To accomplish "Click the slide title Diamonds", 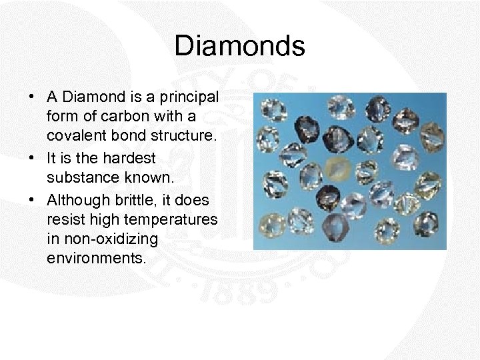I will pyautogui.click(x=239, y=47).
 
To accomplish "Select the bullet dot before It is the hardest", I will pyautogui.click(x=32, y=159).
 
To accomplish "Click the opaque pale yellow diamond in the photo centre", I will pyautogui.click(x=338, y=171).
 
